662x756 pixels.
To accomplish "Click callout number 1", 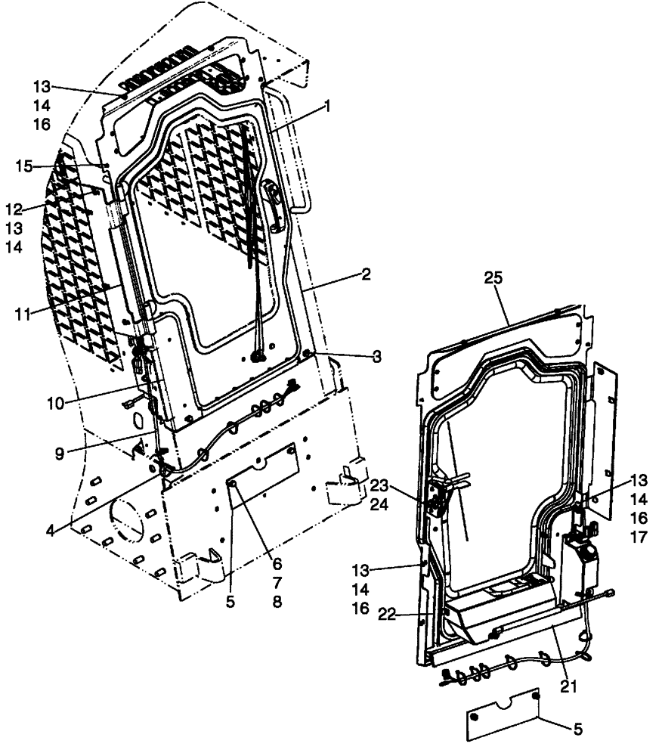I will tap(327, 107).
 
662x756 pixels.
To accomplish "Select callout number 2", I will tap(365, 275).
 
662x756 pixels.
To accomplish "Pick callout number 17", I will tap(639, 538).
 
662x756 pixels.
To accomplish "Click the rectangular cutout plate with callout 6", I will tap(264, 474).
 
